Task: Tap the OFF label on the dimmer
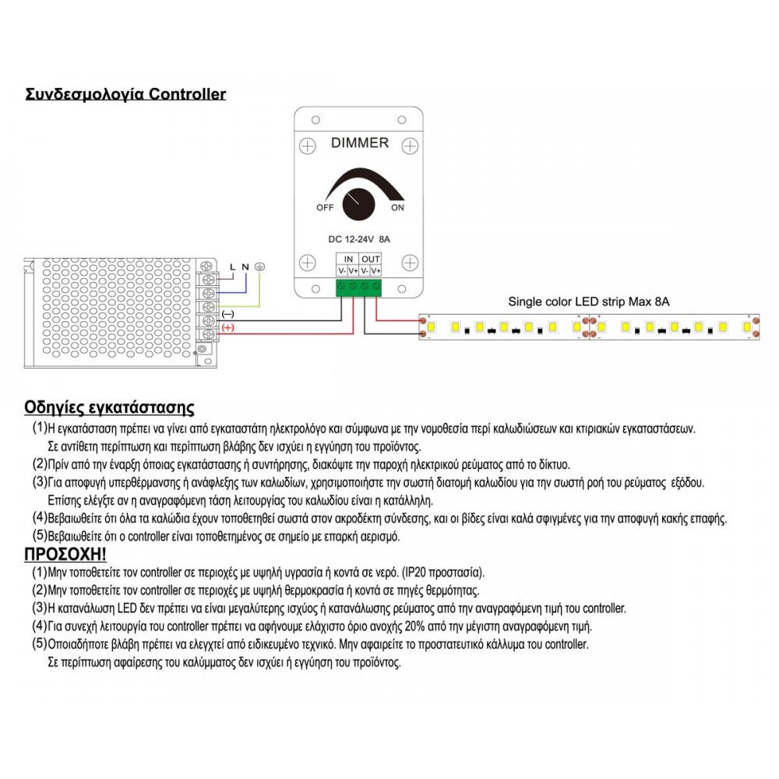point(325,208)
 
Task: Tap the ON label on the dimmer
point(397,208)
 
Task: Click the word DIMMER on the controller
point(360,143)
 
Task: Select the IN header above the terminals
point(348,259)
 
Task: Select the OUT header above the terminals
point(371,259)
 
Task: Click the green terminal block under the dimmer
point(359,288)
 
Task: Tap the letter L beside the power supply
point(232,267)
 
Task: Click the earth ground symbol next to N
point(260,267)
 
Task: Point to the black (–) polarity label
point(228,313)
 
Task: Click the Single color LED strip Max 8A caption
point(588,301)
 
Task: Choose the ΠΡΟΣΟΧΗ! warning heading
point(65,554)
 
